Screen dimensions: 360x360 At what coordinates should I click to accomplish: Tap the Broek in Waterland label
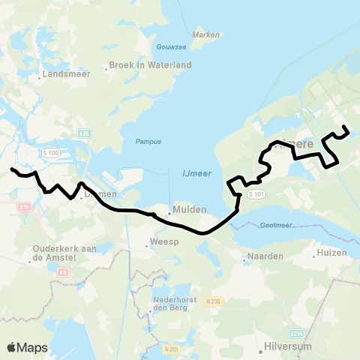pos(150,65)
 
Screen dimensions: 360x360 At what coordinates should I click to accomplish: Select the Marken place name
pos(205,34)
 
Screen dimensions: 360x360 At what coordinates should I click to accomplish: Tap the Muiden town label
pos(184,210)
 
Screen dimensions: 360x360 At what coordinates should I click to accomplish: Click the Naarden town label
pos(266,256)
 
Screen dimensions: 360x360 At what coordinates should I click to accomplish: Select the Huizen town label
pos(332,253)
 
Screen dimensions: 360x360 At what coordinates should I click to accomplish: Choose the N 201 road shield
pos(171,349)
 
